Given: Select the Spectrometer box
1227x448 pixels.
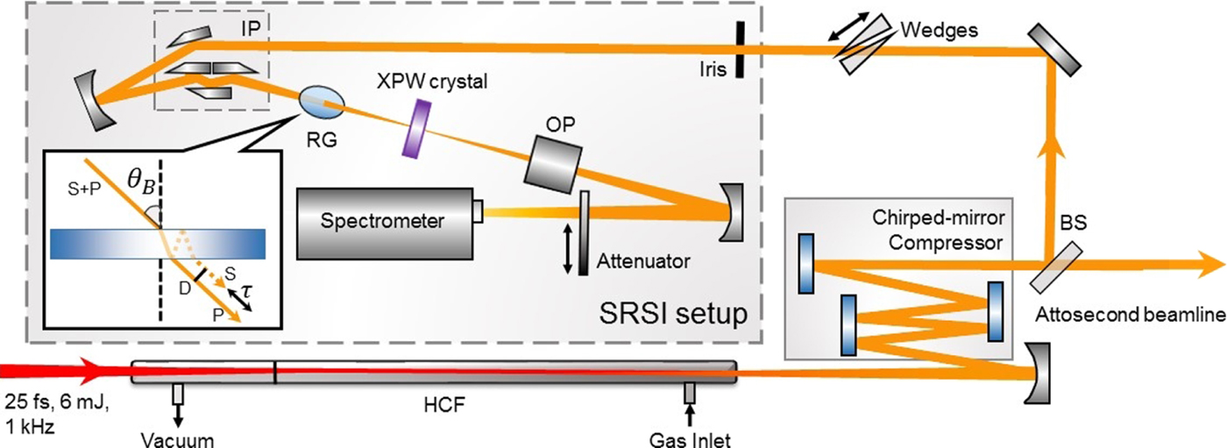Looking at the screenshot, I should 385,223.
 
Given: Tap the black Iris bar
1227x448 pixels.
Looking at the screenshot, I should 741,50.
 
